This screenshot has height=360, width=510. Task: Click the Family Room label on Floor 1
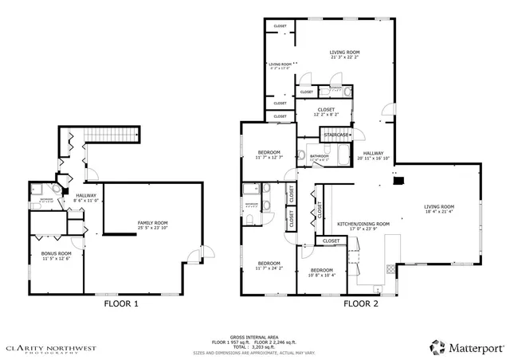[153, 223]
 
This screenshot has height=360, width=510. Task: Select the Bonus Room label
[56, 255]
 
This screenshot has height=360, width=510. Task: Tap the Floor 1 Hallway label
[86, 196]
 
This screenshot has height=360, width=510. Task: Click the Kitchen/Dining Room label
[363, 225]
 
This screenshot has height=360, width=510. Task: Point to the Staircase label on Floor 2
[335, 135]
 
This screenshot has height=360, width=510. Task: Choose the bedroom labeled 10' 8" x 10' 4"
[322, 272]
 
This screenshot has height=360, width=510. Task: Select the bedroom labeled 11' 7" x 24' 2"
[269, 264]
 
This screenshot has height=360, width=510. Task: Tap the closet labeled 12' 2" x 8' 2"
[326, 111]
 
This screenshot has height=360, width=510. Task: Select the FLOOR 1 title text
[122, 303]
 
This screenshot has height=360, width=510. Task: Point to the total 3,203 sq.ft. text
[254, 346]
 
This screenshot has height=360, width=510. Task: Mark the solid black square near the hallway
[396, 180]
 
